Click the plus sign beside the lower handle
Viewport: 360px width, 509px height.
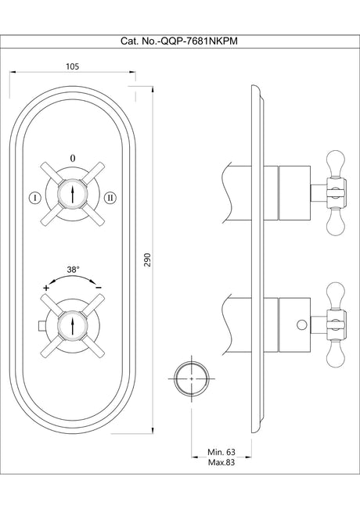pos(46,288)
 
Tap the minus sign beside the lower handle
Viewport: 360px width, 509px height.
pos(99,288)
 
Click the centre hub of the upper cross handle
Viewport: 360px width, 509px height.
pos(73,193)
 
